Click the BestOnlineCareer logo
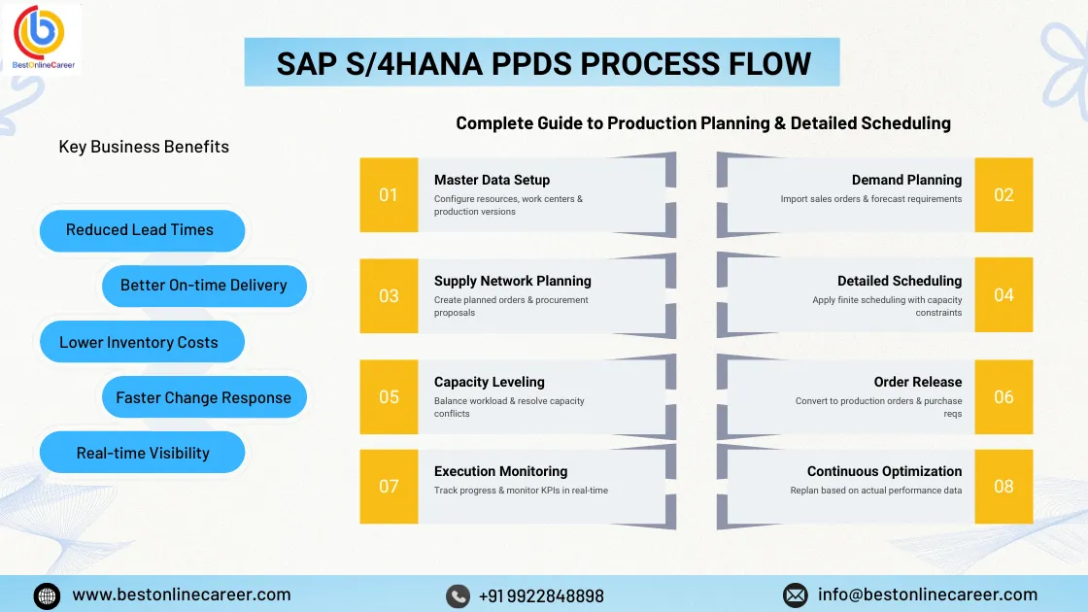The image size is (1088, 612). pyautogui.click(x=42, y=37)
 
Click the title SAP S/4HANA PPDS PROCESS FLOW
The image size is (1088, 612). pyautogui.click(x=543, y=63)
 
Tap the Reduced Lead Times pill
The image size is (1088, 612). pyautogui.click(x=140, y=230)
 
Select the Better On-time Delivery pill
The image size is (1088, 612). pyautogui.click(x=204, y=286)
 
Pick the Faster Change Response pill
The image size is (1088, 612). pyautogui.click(x=204, y=398)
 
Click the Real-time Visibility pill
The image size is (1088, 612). pyautogui.click(x=143, y=454)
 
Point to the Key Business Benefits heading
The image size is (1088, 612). pyautogui.click(x=144, y=147)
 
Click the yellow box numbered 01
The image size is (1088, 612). pyautogui.click(x=389, y=195)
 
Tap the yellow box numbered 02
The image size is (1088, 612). pyautogui.click(x=1003, y=195)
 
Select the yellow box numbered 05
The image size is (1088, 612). pyautogui.click(x=389, y=396)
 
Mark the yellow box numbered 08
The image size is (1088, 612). pyautogui.click(x=1003, y=486)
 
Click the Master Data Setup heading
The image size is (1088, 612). pyautogui.click(x=492, y=180)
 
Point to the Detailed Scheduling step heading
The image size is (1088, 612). pyautogui.click(x=900, y=281)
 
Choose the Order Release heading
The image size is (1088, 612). pyautogui.click(x=917, y=382)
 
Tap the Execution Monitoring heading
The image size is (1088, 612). pyautogui.click(x=500, y=471)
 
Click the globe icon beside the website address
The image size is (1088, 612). pyautogui.click(x=47, y=595)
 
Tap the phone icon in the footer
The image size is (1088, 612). pyautogui.click(x=458, y=595)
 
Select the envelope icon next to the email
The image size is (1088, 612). pyautogui.click(x=795, y=595)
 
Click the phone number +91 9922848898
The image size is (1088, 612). pyautogui.click(x=541, y=595)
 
